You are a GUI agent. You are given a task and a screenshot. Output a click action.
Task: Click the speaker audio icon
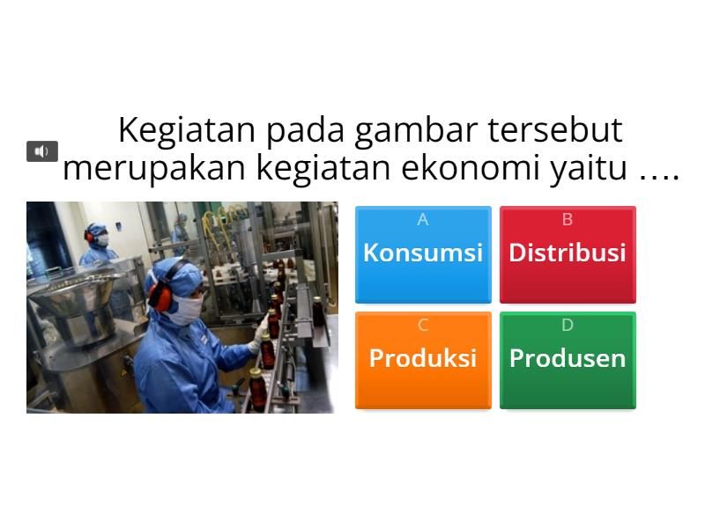coord(41,151)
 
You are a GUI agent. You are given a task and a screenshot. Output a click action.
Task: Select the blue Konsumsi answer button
coord(423,254)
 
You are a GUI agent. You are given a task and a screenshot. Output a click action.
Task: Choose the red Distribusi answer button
coord(568,254)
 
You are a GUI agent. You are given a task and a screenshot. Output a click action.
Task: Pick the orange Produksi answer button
coord(423,361)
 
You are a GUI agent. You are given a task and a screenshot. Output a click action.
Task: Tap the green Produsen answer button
coord(568,361)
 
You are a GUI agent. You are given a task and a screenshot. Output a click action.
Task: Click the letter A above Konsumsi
coord(423,219)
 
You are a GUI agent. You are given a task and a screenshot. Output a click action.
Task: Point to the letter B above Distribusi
coord(568,219)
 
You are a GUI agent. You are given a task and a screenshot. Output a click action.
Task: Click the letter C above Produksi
coord(423,325)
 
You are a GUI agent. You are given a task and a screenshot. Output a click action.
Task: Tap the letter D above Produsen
coord(568,325)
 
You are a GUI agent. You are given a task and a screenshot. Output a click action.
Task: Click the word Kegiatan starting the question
coord(187,131)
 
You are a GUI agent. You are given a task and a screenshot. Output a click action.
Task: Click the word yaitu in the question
coord(589,169)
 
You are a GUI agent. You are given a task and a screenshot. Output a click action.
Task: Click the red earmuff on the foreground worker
coord(160,297)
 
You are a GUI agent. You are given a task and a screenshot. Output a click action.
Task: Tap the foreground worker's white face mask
coord(186,310)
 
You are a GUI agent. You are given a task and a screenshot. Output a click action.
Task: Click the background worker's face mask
coord(101,240)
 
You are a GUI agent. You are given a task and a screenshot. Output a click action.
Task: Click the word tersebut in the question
coord(555,130)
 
